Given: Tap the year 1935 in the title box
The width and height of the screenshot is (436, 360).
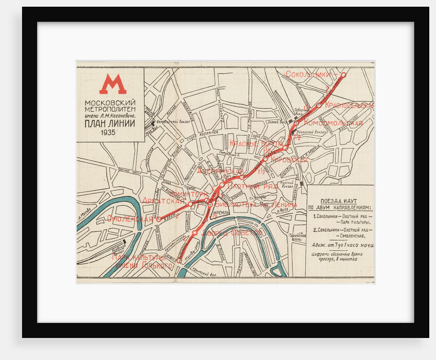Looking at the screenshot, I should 108,133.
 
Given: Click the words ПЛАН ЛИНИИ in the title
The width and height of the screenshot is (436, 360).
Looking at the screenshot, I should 109,123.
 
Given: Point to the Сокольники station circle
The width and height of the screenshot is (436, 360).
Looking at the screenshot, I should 343,74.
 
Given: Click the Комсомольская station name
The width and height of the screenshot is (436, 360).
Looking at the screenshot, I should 333,123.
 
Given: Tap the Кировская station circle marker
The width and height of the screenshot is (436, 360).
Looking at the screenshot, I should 266,158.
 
